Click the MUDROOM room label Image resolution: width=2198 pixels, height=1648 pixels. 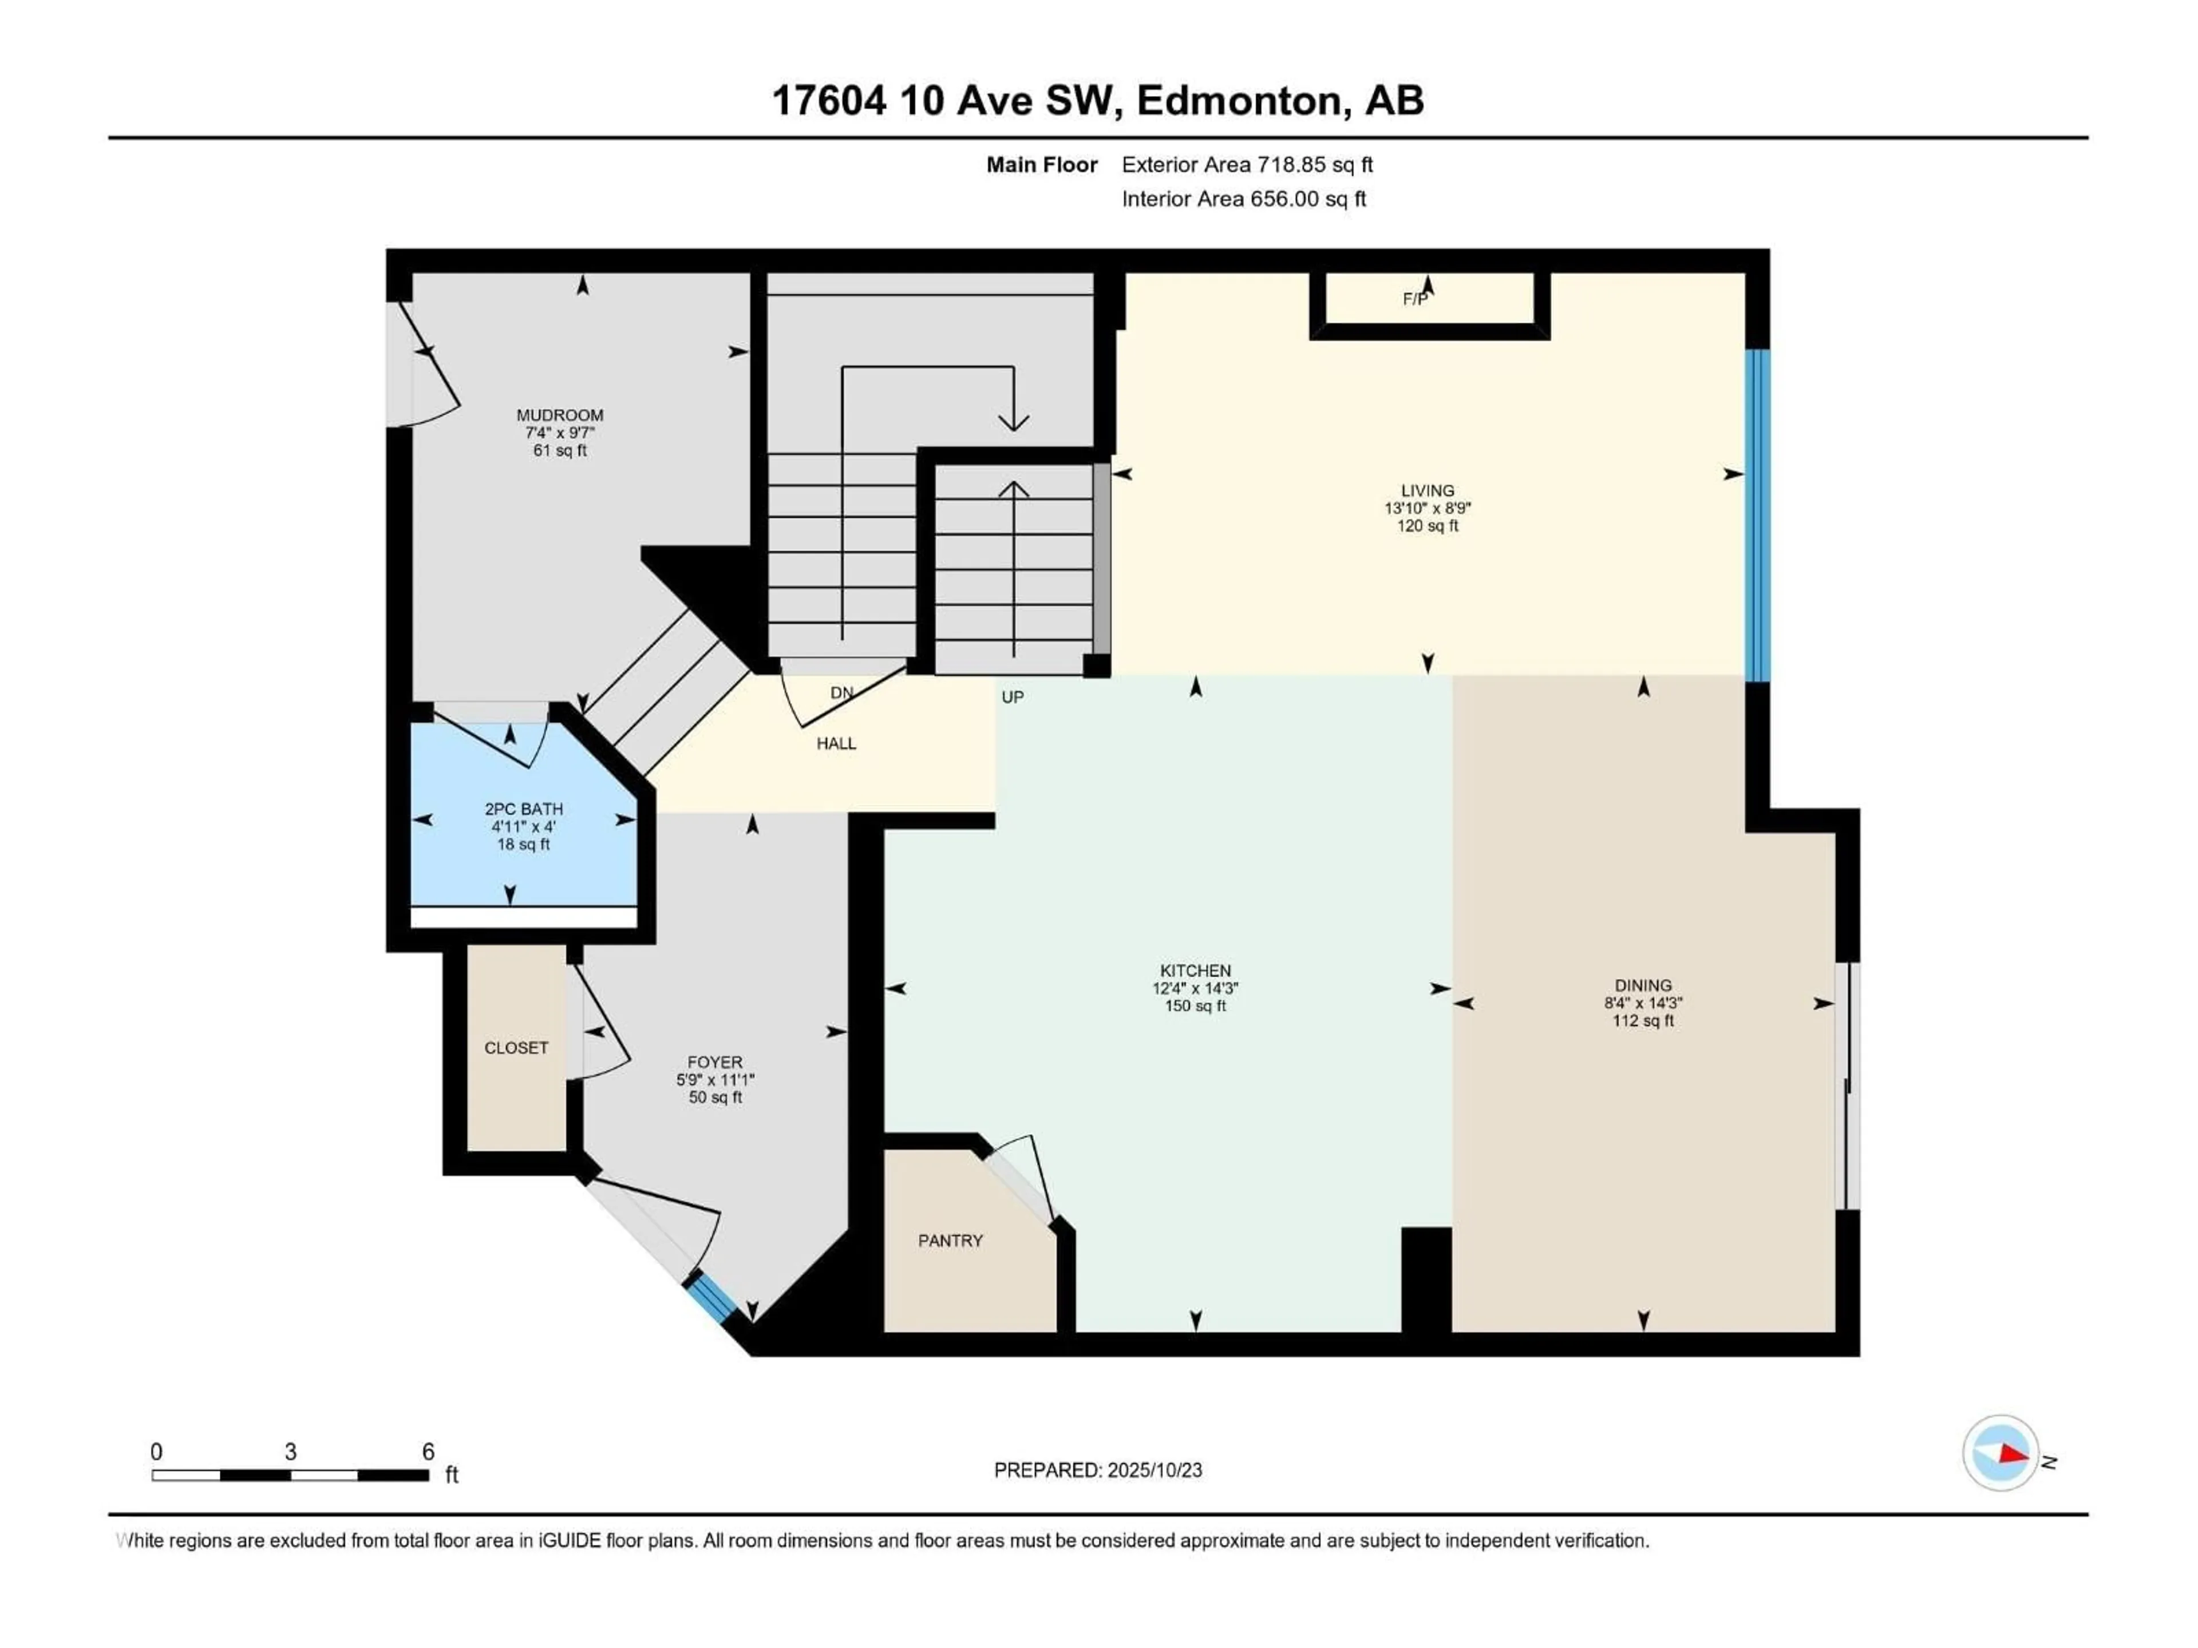click(559, 415)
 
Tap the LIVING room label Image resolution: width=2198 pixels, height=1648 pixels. click(1427, 491)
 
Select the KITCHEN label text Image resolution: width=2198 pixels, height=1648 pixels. click(1195, 970)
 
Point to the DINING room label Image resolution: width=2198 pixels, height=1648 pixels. click(1643, 985)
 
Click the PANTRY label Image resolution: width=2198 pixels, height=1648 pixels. click(950, 1241)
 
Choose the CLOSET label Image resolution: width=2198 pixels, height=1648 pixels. click(516, 1048)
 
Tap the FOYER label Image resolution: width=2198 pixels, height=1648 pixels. click(714, 1062)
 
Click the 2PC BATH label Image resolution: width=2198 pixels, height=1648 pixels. click(524, 810)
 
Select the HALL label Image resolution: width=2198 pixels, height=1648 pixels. click(836, 743)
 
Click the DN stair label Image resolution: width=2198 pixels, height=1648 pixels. click(841, 692)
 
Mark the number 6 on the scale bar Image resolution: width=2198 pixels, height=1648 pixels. click(428, 1451)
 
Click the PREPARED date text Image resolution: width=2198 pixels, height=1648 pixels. click(1098, 1470)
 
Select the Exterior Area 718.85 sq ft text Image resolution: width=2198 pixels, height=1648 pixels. click(1247, 165)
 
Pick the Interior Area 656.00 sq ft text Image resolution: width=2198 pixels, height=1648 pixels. click(1244, 199)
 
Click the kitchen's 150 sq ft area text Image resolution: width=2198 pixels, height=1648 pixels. click(1195, 1005)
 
